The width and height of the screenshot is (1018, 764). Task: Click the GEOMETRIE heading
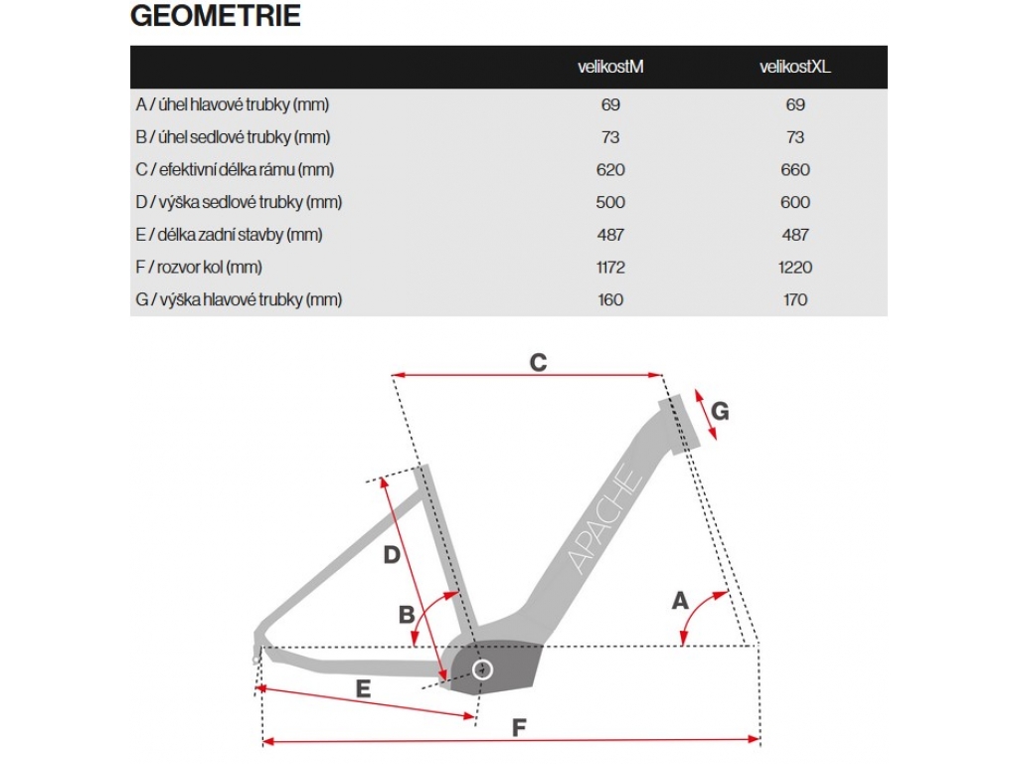(216, 16)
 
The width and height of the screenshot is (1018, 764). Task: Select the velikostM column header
(610, 67)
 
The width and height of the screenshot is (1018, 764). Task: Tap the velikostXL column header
(794, 67)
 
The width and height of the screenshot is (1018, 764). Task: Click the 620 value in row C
(610, 169)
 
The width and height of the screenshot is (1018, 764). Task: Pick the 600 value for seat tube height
(794, 202)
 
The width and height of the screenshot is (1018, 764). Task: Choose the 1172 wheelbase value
(610, 267)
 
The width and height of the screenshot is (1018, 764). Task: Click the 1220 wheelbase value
(794, 267)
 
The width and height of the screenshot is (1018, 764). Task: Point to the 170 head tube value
(794, 299)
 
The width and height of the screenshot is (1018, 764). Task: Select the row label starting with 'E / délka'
(230, 235)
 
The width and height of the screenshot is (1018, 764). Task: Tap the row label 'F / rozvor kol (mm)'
(199, 267)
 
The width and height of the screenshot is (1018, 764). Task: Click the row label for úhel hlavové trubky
(233, 104)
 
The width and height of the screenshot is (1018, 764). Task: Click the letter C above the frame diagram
(538, 362)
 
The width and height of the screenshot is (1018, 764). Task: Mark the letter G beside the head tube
(720, 411)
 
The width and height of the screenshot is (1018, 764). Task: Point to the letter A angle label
(680, 600)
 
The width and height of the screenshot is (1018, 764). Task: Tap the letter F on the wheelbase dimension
(519, 727)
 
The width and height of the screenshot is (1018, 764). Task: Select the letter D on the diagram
(392, 554)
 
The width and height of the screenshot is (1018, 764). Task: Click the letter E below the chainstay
(363, 688)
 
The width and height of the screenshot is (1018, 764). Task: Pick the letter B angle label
(407, 614)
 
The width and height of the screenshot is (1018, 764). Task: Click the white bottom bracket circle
(482, 669)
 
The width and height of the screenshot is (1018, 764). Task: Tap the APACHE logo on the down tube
(604, 518)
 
